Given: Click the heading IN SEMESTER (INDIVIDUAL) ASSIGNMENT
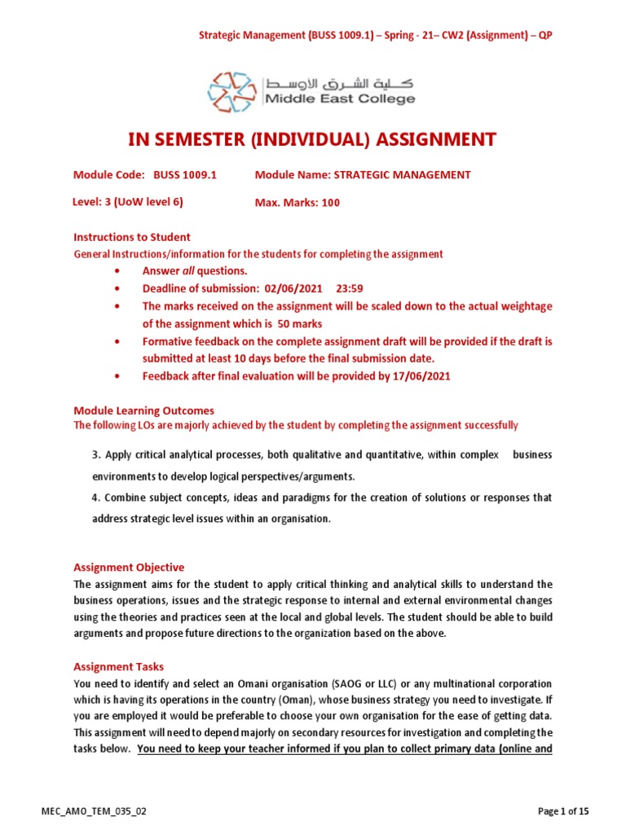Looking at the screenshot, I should pyautogui.click(x=312, y=139).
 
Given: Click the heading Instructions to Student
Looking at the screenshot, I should pyautogui.click(x=132, y=237).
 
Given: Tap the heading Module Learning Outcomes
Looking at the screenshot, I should pyautogui.click(x=144, y=410).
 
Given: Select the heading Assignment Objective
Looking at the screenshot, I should pyautogui.click(x=129, y=567).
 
